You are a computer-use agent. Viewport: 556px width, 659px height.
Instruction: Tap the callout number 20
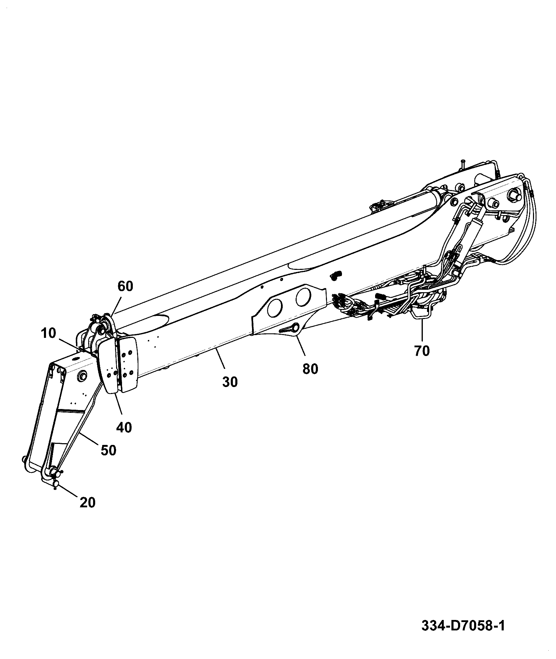coord(87,502)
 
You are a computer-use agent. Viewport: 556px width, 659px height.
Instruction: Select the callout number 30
coord(230,382)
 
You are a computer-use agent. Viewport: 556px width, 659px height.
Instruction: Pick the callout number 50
coord(108,450)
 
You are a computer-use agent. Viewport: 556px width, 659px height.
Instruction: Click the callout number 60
coord(125,286)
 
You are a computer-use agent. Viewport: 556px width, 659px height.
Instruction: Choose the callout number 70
coord(422,350)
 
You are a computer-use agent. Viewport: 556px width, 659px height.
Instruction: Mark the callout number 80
coord(310,369)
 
